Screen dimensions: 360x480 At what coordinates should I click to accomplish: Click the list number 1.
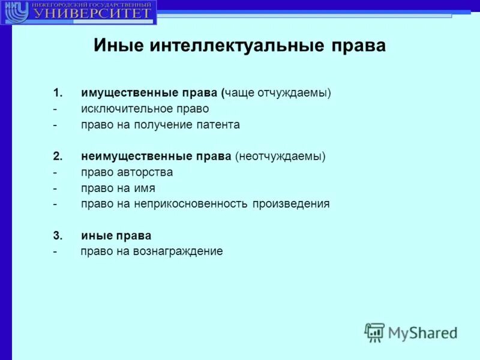(x=57, y=94)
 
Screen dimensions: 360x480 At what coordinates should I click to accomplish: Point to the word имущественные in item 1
(x=128, y=94)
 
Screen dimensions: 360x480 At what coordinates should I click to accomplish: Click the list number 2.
(x=57, y=157)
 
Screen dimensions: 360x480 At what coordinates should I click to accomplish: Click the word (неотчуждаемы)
(x=280, y=157)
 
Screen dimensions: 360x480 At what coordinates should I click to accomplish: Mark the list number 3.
(x=57, y=236)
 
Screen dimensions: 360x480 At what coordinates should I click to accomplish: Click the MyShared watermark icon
(x=374, y=331)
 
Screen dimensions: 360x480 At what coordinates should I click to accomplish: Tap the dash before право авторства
(x=55, y=172)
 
